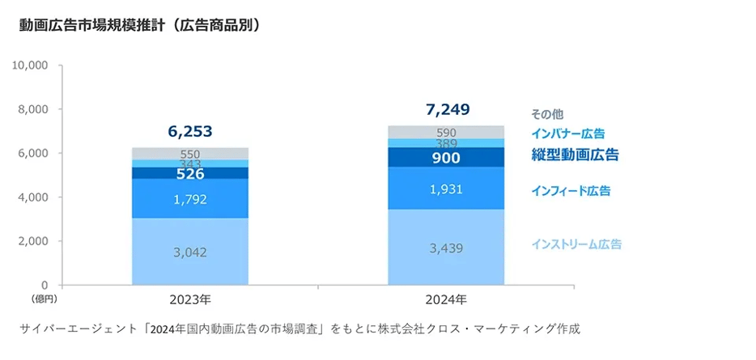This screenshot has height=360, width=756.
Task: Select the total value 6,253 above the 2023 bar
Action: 189,131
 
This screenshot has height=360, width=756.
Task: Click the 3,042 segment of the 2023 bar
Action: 190,252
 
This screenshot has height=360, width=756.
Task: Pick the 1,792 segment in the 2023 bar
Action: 190,198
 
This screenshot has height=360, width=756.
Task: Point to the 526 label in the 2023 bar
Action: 190,173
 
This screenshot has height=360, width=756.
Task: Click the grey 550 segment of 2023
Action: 190,154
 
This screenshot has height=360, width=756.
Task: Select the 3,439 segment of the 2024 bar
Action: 447,248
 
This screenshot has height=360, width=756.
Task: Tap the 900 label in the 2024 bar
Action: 447,158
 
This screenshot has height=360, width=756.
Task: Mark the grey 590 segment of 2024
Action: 447,132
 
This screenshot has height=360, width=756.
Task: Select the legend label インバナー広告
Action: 567,133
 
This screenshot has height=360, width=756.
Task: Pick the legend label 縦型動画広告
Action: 575,154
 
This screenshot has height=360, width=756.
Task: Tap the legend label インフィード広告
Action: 571,191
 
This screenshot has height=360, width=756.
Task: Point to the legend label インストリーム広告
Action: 576,244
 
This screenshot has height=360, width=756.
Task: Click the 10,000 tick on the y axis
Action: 31,65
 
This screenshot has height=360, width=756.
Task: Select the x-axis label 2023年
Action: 190,300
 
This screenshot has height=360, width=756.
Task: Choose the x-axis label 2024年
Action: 447,300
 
